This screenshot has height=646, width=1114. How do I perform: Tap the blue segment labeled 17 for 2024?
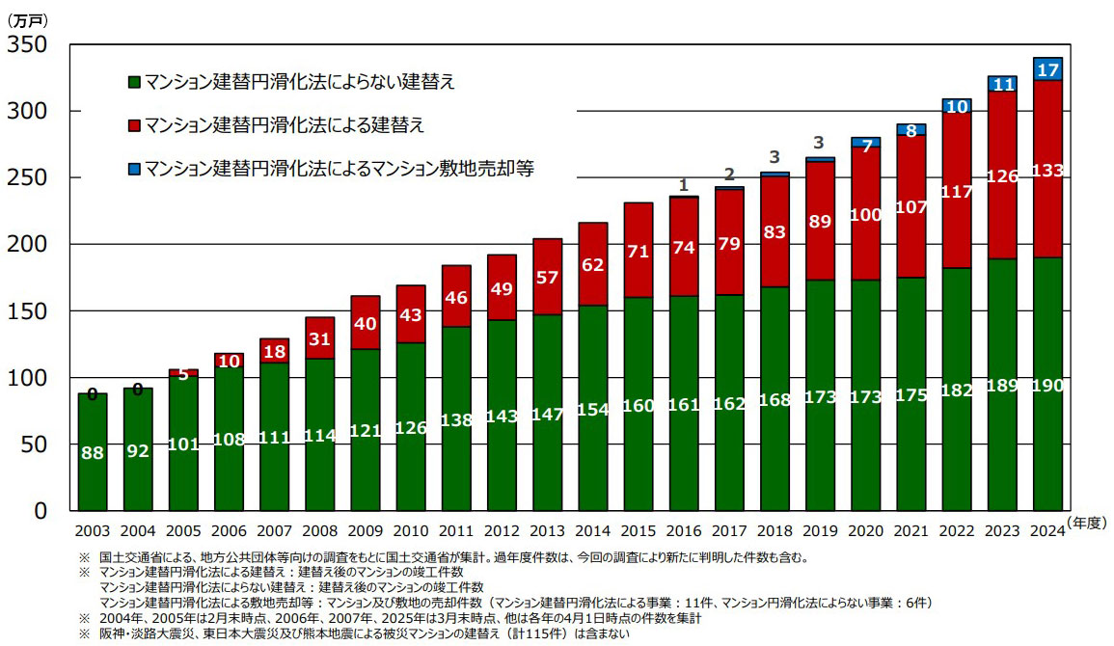coord(1047,69)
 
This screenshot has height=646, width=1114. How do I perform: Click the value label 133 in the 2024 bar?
coord(1047,172)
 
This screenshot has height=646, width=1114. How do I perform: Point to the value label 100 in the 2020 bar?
coord(865,215)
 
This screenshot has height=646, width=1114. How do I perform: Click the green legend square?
coord(134,81)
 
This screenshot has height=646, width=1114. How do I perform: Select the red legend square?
coord(134,125)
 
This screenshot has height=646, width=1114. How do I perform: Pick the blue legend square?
coord(134,169)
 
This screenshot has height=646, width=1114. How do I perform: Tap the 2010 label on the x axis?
coord(411,531)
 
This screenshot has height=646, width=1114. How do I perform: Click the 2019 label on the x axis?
coord(820,531)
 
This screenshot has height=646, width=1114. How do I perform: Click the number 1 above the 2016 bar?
coord(684,185)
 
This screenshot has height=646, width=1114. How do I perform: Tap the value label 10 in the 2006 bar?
coord(229,361)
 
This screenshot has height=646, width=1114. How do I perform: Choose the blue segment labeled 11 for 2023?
coord(1002,84)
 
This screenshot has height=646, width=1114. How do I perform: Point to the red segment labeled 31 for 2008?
coord(320,338)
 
